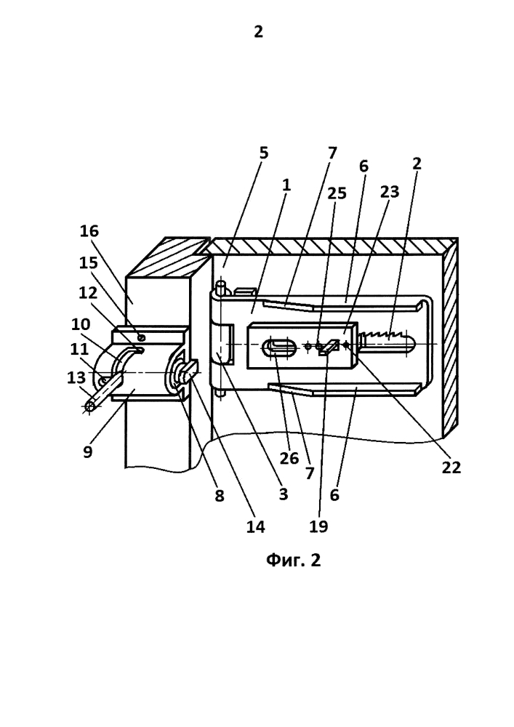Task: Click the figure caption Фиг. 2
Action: coord(293,560)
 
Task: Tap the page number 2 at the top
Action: coord(258,31)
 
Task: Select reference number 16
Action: coord(89,231)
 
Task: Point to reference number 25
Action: coord(337,193)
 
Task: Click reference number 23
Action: coord(390,191)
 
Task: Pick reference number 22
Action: coord(451,467)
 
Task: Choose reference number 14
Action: coord(255,526)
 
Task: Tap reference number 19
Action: coord(318,526)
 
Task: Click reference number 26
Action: coord(289,458)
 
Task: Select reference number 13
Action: coord(76,377)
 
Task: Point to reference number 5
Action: coord(263,153)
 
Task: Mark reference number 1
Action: coord(286,185)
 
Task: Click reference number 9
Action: coord(87,451)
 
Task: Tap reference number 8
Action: coord(220,496)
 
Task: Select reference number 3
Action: coord(284,494)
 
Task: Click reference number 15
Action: coord(89,263)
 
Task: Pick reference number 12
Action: coord(88,293)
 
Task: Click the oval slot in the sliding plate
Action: coord(280,348)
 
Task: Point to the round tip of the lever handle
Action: coord(90,406)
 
